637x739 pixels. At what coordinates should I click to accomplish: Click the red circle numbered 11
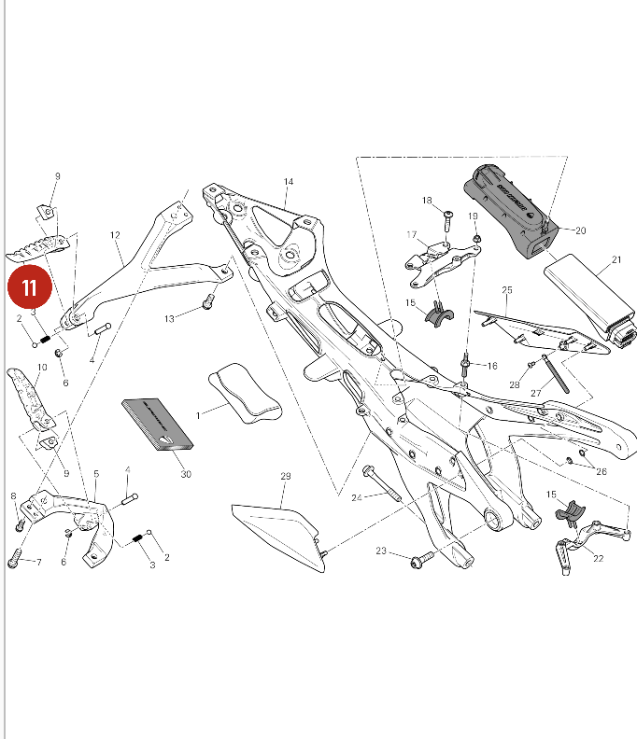point(30,288)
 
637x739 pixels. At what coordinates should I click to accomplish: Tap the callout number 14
point(289,181)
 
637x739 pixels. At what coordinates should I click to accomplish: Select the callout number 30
point(186,474)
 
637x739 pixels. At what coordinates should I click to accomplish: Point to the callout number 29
point(286,476)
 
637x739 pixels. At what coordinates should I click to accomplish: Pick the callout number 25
point(507,290)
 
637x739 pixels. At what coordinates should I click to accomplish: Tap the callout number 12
point(116,235)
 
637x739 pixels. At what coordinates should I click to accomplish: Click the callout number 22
point(599,558)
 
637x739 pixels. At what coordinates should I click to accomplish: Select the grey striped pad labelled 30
point(159,425)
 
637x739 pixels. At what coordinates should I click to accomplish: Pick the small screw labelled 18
point(447,218)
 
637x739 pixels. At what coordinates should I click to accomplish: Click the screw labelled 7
point(15,559)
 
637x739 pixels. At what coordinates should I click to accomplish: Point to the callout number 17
point(410,234)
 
